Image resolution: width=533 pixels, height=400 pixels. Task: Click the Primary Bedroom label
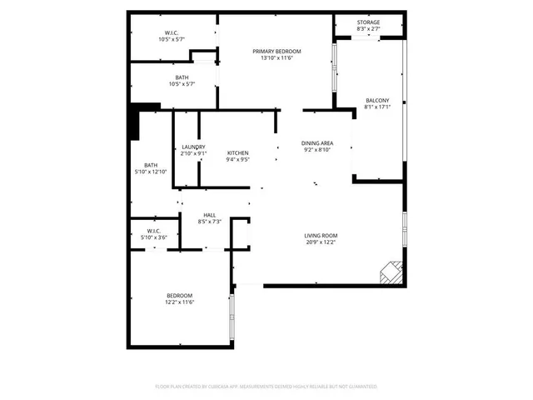click(276, 51)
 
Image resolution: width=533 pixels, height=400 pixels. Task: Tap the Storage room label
click(368, 22)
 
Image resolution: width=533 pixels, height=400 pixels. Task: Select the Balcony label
click(377, 101)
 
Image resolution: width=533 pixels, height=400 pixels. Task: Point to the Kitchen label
click(238, 152)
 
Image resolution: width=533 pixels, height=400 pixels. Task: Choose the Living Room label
click(321, 235)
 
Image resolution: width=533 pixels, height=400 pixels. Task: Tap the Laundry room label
click(193, 147)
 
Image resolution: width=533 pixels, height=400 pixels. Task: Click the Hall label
click(210, 215)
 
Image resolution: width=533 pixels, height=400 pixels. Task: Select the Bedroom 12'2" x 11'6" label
click(179, 295)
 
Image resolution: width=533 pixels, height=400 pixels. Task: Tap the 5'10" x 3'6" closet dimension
click(153, 237)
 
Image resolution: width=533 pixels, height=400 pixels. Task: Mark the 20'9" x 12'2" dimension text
click(321, 242)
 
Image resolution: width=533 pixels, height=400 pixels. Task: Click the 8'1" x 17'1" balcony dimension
click(377, 107)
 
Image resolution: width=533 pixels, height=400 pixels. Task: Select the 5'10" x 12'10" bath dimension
click(151, 172)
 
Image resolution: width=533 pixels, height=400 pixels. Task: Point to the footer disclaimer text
click(266, 387)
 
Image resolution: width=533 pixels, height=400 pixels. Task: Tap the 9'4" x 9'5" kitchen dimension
click(238, 159)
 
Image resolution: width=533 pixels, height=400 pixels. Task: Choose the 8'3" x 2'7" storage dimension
click(368, 29)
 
